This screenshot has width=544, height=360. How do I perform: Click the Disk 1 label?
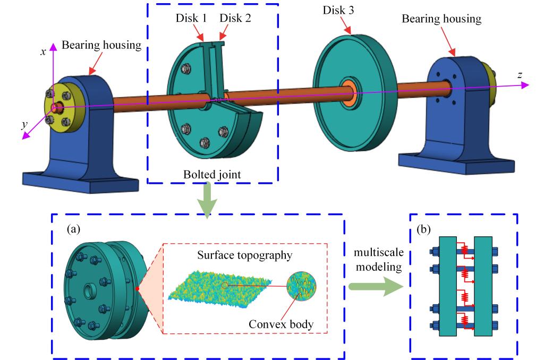192,18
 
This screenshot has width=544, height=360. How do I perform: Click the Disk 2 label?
236,18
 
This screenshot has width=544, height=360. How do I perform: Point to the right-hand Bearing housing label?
441,19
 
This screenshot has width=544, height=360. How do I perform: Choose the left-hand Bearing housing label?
101,45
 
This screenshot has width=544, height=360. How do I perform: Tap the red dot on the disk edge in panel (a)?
138,289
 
